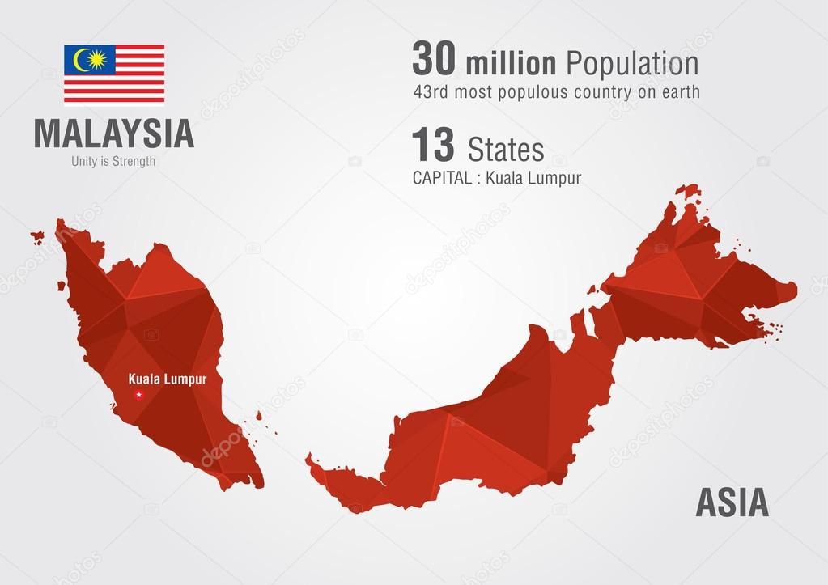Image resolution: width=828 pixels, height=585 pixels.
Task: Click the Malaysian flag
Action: tap(114, 74)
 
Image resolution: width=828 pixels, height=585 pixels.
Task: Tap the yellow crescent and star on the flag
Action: tap(89, 59)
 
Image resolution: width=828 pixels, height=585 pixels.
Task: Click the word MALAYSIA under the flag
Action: tap(114, 134)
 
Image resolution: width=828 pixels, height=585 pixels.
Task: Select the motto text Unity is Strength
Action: tap(113, 161)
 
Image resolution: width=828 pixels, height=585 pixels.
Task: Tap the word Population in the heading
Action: tap(631, 64)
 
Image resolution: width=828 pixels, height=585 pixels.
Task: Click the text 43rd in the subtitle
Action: tap(430, 92)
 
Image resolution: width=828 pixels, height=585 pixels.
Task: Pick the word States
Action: tap(506, 150)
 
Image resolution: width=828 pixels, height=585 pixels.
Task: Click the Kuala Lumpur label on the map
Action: tap(168, 379)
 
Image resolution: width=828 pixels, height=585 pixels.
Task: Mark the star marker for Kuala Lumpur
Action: tap(138, 394)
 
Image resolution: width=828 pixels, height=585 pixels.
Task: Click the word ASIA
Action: tap(732, 503)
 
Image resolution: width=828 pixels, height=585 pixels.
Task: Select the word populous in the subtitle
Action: tap(527, 92)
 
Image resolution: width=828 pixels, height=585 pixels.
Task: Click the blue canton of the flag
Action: tap(90, 59)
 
